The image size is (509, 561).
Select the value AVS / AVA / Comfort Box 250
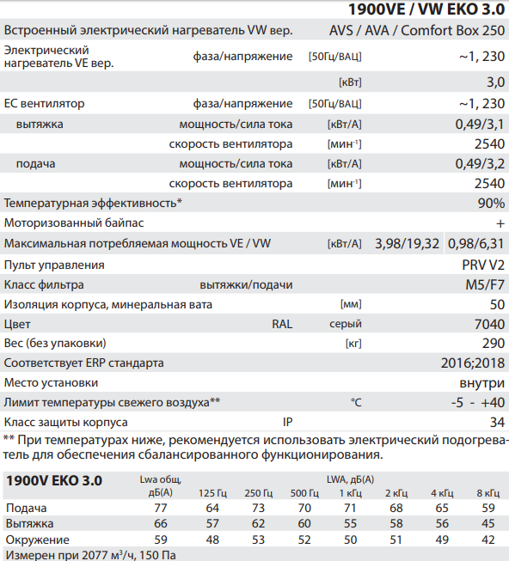[417, 31]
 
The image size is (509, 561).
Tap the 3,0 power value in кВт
[495, 82]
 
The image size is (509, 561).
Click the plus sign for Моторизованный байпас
[500, 223]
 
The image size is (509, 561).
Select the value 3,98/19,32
[408, 244]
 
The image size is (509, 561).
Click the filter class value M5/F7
[486, 284]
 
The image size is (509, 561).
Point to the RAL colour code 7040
[490, 325]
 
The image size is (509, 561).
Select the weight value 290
[494, 344]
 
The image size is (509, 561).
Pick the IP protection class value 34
[497, 422]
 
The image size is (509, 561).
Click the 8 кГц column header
[487, 493]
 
